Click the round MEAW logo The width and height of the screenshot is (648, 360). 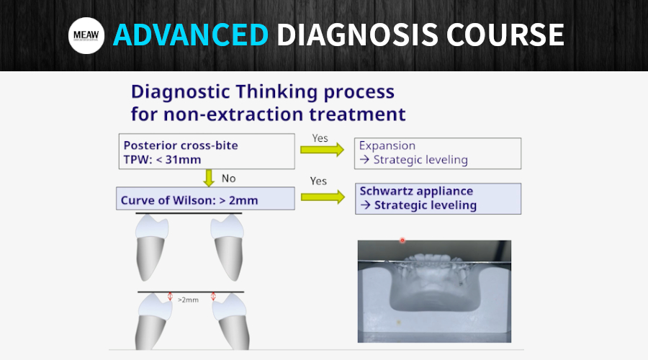[86, 35]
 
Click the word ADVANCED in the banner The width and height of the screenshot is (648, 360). [191, 35]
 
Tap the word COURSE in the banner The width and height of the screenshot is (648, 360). [505, 35]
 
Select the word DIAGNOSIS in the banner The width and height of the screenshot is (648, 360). [357, 35]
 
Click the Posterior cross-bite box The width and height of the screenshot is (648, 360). [207, 151]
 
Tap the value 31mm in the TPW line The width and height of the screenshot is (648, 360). [183, 160]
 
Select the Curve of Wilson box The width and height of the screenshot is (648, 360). [205, 199]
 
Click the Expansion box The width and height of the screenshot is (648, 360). [438, 153]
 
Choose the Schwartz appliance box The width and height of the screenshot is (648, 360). [438, 199]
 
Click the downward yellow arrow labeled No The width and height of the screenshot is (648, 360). [209, 178]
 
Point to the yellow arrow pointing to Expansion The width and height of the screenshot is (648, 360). [323, 150]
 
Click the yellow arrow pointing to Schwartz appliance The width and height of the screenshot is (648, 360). [323, 197]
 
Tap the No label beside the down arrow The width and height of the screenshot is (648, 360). [228, 179]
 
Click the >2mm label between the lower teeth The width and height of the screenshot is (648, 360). [188, 300]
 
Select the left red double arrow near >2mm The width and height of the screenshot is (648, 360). [170, 297]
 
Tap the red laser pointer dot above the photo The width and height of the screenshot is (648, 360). [402, 240]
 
